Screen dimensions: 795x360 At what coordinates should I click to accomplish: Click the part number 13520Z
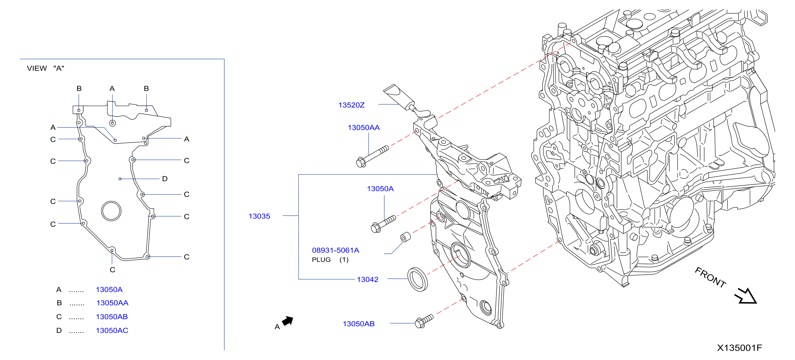click(x=351, y=105)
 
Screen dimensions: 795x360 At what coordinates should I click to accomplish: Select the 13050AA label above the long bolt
click(x=364, y=128)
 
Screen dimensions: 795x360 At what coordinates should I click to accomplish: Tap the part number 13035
click(x=259, y=216)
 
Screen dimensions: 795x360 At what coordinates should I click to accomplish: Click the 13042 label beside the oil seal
click(x=368, y=279)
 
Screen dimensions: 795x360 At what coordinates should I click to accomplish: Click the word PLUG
click(x=321, y=260)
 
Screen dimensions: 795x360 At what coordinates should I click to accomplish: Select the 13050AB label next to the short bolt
click(x=359, y=324)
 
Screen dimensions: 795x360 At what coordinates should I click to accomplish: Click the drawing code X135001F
click(x=739, y=348)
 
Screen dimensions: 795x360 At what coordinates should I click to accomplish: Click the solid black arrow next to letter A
click(x=288, y=321)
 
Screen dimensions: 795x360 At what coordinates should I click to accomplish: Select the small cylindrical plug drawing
click(x=405, y=237)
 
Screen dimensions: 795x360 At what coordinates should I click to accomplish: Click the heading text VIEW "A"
click(x=46, y=68)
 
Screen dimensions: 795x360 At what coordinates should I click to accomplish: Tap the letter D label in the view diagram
click(x=165, y=179)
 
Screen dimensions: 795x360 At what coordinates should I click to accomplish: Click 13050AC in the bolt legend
click(x=112, y=331)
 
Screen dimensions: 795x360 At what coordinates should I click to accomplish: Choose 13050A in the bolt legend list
click(x=109, y=290)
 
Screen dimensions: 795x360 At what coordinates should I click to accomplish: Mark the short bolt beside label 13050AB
click(x=424, y=321)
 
